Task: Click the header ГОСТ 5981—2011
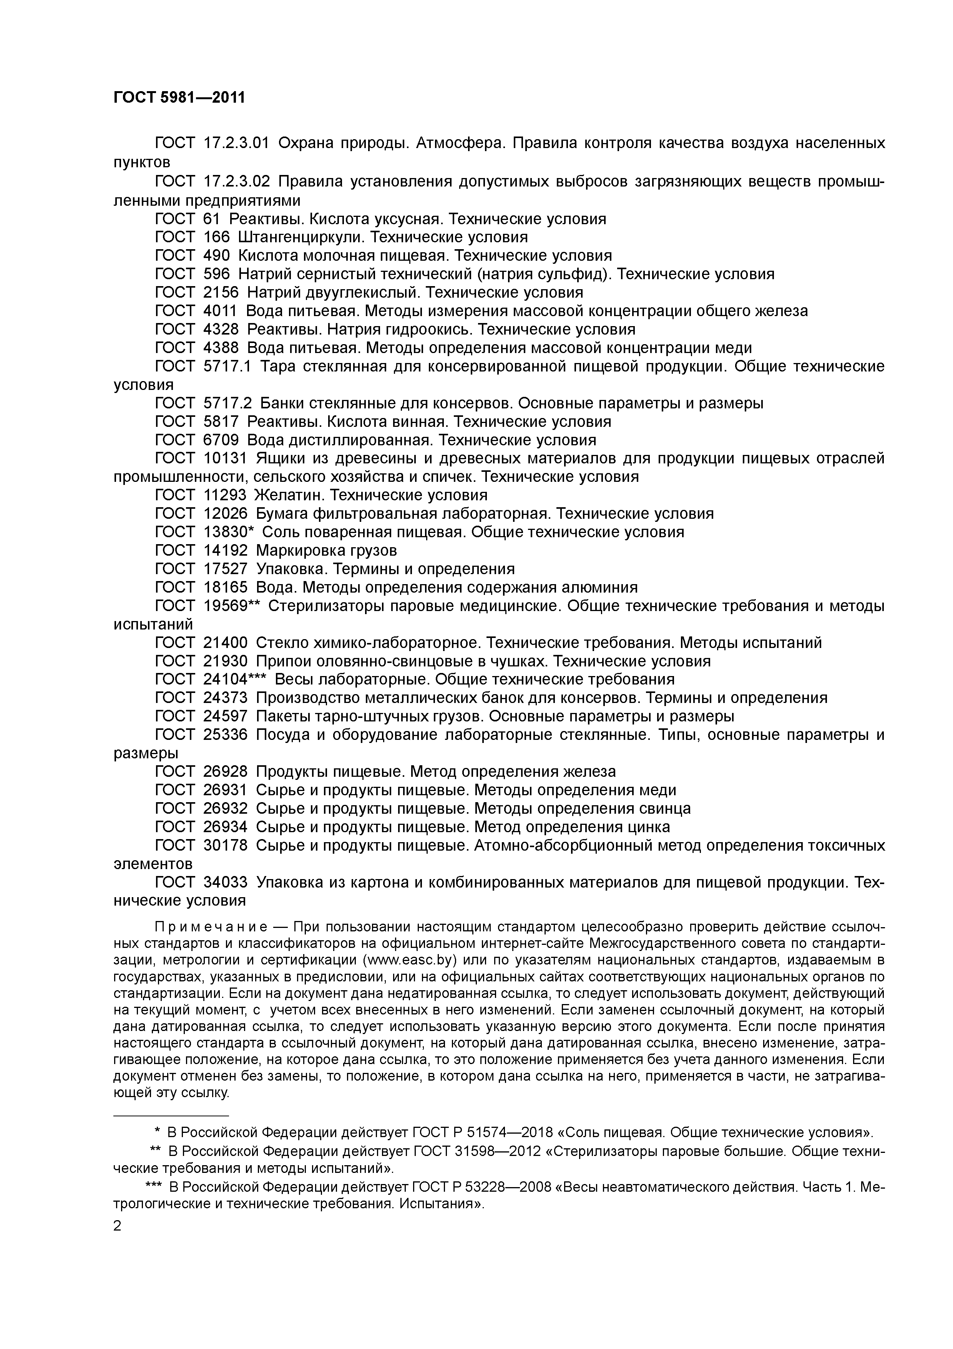[179, 98]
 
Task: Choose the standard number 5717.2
[227, 404]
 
